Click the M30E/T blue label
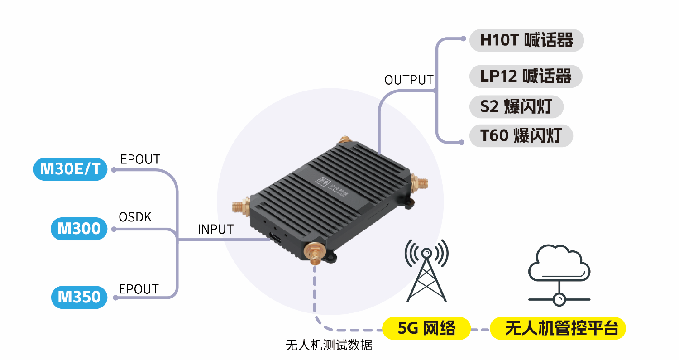71,169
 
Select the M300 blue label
79,229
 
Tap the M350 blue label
79,297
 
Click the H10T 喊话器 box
526,40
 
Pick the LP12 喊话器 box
526,76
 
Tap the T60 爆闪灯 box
521,135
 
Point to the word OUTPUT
409,80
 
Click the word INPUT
215,229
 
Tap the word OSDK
135,217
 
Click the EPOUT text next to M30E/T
140,159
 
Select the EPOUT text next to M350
139,289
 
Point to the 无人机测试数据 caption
329,346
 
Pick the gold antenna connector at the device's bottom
313,254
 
